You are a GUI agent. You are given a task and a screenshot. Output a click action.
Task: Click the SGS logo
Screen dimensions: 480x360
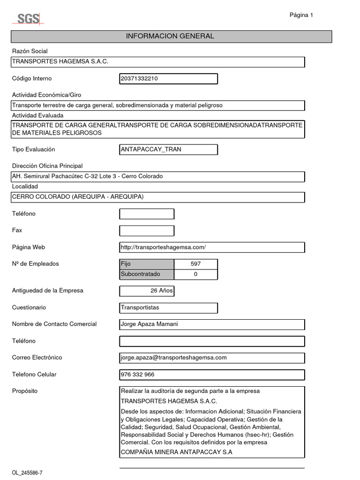29,19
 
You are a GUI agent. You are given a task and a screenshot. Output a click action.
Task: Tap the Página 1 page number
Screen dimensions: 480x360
301,15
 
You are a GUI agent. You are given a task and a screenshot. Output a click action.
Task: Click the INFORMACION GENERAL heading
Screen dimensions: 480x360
170,36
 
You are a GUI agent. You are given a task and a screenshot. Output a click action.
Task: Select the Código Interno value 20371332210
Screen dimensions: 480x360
140,79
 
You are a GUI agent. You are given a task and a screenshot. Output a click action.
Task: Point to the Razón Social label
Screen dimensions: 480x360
30,51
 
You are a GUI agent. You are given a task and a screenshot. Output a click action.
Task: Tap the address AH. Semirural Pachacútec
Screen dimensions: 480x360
87,176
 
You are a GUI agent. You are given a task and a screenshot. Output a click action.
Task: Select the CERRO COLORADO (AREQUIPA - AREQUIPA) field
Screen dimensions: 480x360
78,197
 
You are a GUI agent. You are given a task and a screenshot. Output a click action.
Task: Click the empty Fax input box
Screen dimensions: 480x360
147,231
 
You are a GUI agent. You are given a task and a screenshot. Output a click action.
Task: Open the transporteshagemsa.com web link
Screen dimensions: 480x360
164,247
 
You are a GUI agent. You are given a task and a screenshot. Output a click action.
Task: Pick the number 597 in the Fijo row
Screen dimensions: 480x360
195,264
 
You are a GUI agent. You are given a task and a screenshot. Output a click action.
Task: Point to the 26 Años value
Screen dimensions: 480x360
161,291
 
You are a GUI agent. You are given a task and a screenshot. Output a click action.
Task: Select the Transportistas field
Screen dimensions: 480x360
140,308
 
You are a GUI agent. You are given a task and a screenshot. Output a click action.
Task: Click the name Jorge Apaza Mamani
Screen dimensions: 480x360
150,324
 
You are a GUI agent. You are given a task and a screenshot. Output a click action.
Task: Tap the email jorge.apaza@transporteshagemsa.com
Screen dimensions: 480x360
174,358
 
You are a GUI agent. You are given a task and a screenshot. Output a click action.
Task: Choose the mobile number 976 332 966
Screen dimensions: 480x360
138,375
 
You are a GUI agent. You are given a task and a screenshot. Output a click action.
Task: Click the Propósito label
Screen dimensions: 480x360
24,391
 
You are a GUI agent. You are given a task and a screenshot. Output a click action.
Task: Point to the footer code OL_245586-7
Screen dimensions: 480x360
27,472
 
